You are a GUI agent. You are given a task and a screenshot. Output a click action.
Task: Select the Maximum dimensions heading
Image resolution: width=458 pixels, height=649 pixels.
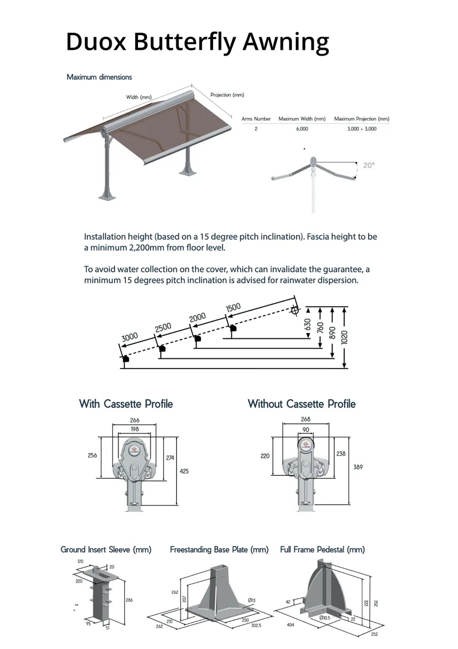point(99,77)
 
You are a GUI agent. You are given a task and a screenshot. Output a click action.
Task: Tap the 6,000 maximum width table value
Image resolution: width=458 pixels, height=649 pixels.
point(302,129)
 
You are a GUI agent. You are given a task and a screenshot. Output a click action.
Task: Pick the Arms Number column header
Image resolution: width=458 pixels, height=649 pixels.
point(256,119)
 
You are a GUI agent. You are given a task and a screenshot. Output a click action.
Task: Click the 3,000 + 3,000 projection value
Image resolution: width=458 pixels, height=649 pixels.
point(361,129)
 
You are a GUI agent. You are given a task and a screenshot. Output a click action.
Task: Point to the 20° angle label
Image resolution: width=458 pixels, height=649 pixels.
point(369,165)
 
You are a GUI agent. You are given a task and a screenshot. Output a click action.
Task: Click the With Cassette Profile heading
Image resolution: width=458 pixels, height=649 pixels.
point(126,404)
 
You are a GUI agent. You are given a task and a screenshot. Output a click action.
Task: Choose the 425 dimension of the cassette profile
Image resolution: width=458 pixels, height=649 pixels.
point(184,471)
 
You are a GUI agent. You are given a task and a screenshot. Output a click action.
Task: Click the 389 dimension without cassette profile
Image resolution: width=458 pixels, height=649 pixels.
point(358,467)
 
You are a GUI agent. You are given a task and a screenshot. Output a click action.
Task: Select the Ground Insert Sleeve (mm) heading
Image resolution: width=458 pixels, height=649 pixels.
point(106,549)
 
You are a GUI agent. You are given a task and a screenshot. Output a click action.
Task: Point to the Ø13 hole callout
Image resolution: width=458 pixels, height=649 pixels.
point(251,600)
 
